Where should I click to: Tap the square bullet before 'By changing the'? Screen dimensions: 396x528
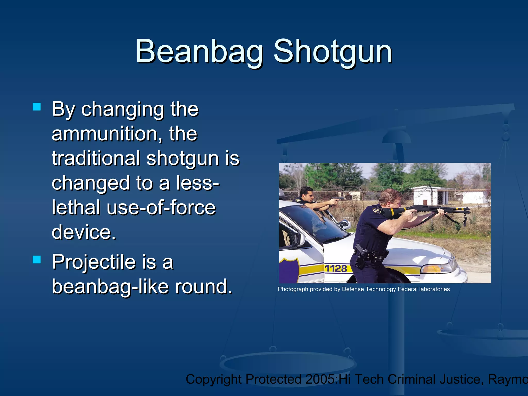(37, 107)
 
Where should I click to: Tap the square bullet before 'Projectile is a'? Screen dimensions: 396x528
(37, 260)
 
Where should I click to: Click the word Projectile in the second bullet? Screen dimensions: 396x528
(93, 262)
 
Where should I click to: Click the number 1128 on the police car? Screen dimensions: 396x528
(336, 269)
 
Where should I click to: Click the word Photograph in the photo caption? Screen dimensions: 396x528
(293, 289)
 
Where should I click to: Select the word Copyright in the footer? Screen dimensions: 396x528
(213, 379)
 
